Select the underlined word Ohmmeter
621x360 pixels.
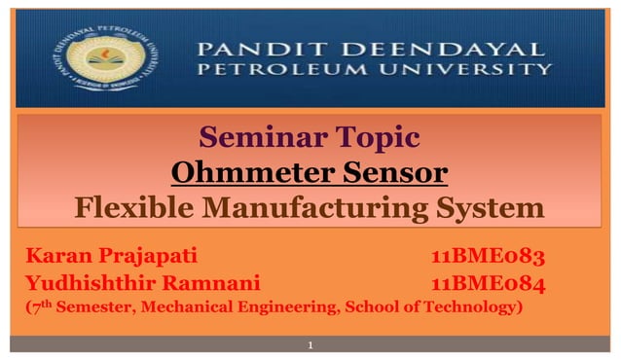tap(240, 174)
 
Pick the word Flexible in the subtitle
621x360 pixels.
tap(132, 208)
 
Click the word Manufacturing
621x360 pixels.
tap(318, 208)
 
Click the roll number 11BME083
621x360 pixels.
tap(487, 257)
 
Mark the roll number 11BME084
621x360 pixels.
tap(487, 283)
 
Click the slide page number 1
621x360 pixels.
tap(310, 345)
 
